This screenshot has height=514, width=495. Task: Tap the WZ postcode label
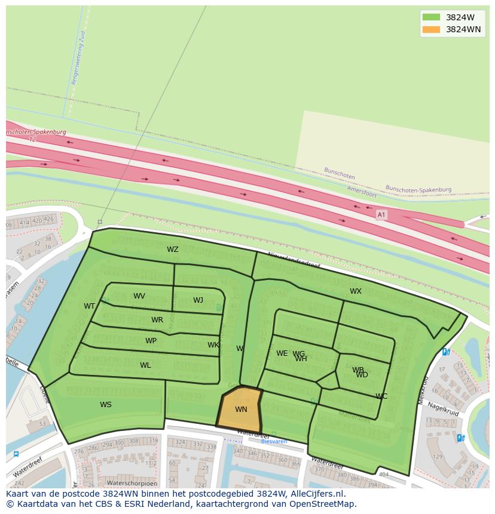pyautogui.click(x=173, y=250)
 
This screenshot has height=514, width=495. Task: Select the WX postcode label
pyautogui.click(x=356, y=291)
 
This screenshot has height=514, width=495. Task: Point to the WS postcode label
pyautogui.click(x=106, y=405)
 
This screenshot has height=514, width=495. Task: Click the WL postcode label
pyautogui.click(x=145, y=365)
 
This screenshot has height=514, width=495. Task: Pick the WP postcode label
pyautogui.click(x=151, y=341)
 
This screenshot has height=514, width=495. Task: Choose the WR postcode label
pyautogui.click(x=157, y=320)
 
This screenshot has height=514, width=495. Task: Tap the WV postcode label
pyautogui.click(x=139, y=296)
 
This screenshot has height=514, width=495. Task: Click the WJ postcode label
pyautogui.click(x=198, y=300)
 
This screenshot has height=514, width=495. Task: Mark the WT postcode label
pyautogui.click(x=90, y=306)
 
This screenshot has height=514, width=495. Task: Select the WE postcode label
pyautogui.click(x=282, y=353)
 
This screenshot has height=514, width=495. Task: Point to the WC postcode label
pyautogui.click(x=381, y=396)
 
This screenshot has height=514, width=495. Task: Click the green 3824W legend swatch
pyautogui.click(x=431, y=17)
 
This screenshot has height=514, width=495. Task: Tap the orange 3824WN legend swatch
pyautogui.click(x=431, y=29)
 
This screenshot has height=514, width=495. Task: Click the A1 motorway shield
pyautogui.click(x=381, y=214)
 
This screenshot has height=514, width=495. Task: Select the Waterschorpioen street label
pyautogui.click(x=132, y=483)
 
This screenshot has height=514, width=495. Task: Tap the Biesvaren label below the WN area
pyautogui.click(x=274, y=442)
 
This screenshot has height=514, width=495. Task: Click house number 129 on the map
pyautogui.click(x=438, y=457)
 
